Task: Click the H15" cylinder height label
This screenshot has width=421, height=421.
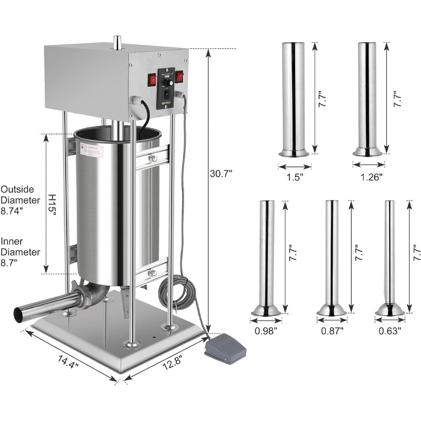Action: point(52,203)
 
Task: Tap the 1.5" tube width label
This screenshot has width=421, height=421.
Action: point(295,177)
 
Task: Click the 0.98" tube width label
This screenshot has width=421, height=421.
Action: point(266,331)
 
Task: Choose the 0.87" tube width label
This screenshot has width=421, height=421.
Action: point(332,331)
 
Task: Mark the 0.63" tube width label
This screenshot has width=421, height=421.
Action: point(390,331)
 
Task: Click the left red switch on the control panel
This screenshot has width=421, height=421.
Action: point(153,79)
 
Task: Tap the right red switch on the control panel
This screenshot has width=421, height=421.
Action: point(179,76)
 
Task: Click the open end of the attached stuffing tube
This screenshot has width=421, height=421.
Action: point(19,315)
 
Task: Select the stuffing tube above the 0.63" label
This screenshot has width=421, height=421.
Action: point(389,258)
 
